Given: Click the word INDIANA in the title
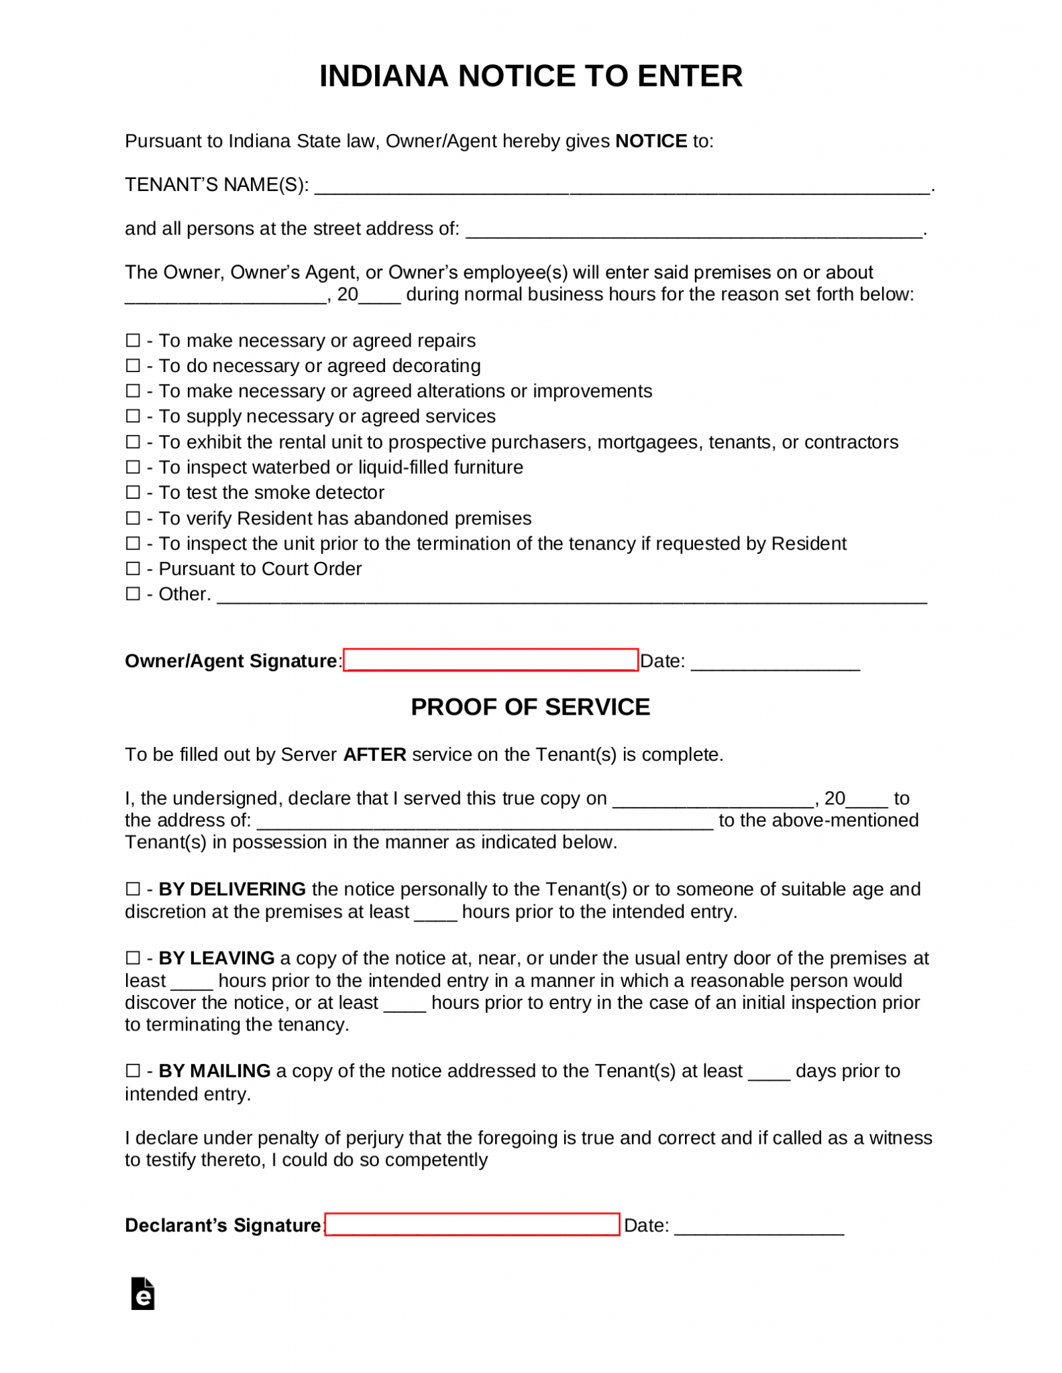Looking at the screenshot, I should pos(383,76).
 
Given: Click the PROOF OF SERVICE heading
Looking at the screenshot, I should pos(530,707).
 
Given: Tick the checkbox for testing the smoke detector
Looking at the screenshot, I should pos(133,493).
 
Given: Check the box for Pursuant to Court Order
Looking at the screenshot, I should pos(133,569).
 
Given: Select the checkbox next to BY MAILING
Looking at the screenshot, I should pos(133,1071).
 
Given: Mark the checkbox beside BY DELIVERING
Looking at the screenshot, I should pos(133,890).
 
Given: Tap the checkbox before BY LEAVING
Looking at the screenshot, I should pos(133,959).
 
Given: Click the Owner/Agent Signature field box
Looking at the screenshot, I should pos(490,660).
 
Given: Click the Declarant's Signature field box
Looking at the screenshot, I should pos(472,1225).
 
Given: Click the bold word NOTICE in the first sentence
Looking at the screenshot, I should pos(651,141).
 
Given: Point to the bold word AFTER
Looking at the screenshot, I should pos(374,755).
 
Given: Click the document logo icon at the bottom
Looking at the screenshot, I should pos(143,1294).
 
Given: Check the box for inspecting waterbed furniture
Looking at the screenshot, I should pos(133,467).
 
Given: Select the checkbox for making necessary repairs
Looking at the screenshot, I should pos(133,341).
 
